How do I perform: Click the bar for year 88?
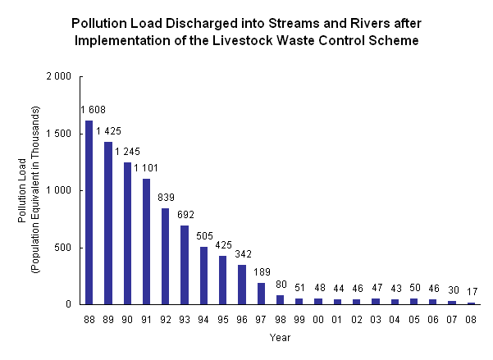[x=89, y=212]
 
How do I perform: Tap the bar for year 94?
[x=204, y=276]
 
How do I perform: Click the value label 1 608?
[x=93, y=110]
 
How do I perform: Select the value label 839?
[x=166, y=198]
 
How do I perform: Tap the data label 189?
[x=261, y=272]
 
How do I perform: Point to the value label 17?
[x=472, y=292]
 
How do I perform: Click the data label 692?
[x=185, y=215]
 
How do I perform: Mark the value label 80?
[x=281, y=285]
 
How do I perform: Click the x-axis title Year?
[x=281, y=336]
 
